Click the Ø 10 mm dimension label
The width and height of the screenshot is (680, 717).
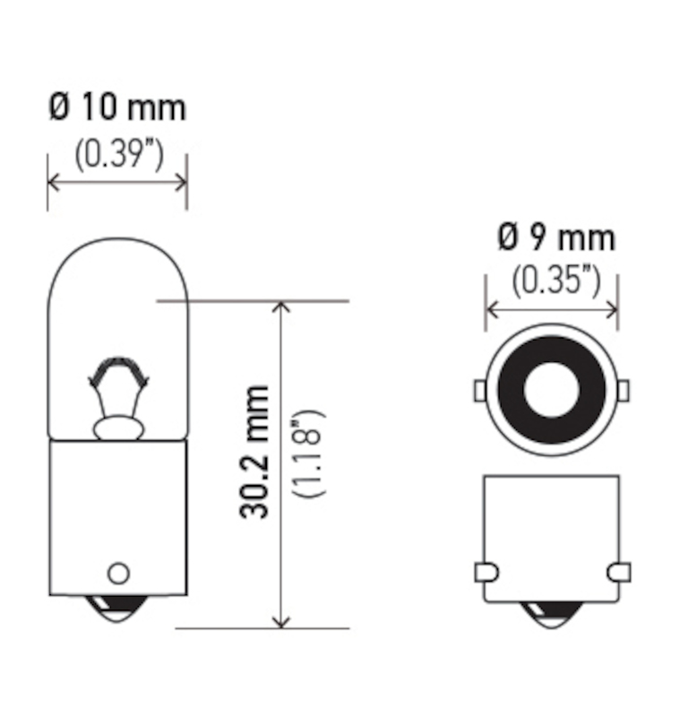117,108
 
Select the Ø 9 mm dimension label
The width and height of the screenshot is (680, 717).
555,238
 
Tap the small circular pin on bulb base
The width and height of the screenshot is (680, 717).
117,573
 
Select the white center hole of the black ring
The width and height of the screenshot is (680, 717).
551,391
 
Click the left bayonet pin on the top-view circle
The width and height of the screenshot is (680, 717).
479,390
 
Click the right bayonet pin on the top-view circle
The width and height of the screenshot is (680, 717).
624,390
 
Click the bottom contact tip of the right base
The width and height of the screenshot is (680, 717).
551,614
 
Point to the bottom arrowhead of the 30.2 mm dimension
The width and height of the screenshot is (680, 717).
282,621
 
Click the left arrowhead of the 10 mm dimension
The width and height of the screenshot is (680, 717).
53,182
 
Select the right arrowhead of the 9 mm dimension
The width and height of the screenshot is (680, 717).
612,310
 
